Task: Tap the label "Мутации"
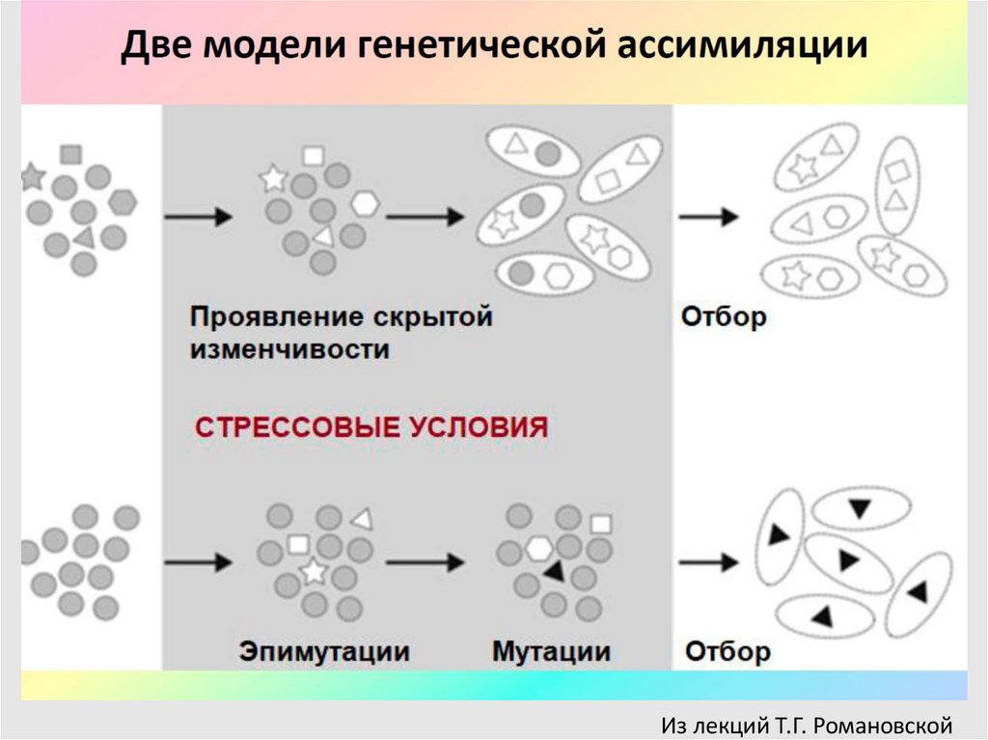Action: (551, 651)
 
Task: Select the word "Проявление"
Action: (273, 317)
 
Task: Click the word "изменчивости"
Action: (289, 349)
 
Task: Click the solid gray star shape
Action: (32, 177)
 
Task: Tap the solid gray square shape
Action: (70, 153)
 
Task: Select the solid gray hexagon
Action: (123, 203)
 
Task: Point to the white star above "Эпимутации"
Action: (314, 571)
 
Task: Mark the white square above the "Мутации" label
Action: (601, 524)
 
